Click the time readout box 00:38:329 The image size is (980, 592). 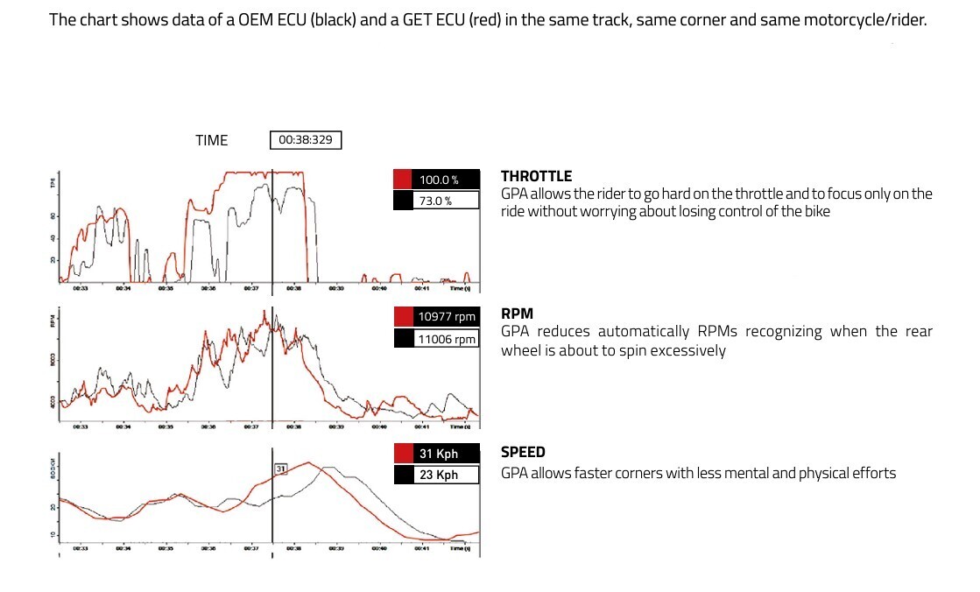point(306,140)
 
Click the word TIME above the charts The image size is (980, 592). point(211,140)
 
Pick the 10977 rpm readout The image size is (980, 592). point(446,317)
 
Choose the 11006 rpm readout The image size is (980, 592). point(446,339)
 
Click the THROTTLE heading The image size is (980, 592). point(536,177)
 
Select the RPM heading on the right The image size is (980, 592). point(517,314)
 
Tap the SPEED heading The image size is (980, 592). point(523,453)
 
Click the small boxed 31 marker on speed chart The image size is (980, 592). point(281,470)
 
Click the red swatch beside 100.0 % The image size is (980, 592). point(403,180)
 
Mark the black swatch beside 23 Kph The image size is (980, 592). point(403,476)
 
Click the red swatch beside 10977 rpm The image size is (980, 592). point(403,317)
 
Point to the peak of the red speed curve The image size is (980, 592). point(308,462)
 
